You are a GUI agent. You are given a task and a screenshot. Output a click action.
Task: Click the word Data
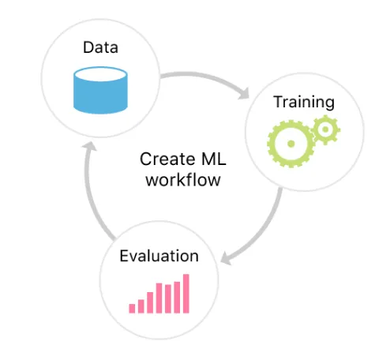[100, 47]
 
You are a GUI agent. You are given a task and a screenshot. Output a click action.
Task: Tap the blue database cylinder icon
[100, 90]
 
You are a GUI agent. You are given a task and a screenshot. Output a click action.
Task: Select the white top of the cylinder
[100, 74]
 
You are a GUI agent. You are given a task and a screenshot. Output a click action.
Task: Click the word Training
[304, 102]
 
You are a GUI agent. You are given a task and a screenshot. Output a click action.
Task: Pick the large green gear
[291, 144]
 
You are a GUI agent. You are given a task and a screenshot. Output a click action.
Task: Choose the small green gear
[325, 129]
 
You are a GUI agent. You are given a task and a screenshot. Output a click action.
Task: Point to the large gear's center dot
[291, 144]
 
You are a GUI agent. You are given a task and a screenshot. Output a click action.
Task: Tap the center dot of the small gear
[325, 129]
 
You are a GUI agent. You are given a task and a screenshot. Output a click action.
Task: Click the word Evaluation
[159, 256]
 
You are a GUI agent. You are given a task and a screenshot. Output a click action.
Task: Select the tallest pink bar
[186, 294]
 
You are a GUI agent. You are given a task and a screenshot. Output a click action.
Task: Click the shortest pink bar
[132, 309]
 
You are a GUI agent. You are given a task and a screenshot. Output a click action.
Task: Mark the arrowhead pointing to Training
[244, 94]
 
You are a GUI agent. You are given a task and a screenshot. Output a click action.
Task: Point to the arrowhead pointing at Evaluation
[226, 258]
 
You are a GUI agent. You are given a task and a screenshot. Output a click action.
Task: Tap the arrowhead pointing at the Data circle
[89, 146]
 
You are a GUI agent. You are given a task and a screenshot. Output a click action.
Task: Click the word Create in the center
[167, 159]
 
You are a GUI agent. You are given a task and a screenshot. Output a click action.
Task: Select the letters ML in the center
[214, 159]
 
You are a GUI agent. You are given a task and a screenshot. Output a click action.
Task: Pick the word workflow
[183, 180]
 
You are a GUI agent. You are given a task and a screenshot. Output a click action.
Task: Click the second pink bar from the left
[141, 306]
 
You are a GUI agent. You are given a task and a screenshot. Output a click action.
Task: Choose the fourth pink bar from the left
[159, 298]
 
